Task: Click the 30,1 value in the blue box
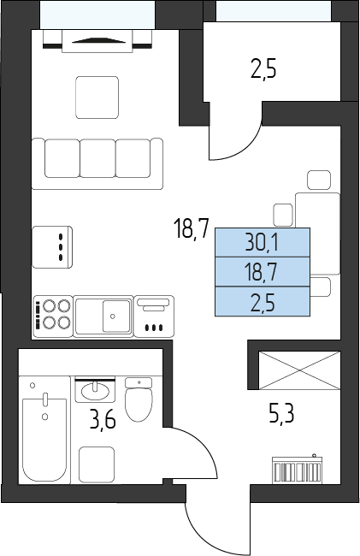[x=262, y=243]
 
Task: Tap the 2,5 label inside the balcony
[x=263, y=69]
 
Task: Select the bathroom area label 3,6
[x=103, y=421]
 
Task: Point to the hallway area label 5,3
[x=281, y=414]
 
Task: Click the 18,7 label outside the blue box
[x=192, y=228]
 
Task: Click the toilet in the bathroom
[x=139, y=399]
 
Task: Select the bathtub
[x=44, y=429]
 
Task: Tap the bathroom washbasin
[x=95, y=390]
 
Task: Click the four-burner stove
[x=53, y=316]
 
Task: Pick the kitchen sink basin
[x=116, y=316]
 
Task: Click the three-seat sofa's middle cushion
[x=97, y=158]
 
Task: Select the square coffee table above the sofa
[x=97, y=98]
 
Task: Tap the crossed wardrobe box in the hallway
[x=300, y=370]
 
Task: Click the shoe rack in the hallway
[x=298, y=470]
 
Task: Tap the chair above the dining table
[x=319, y=180]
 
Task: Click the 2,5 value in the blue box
[x=263, y=303]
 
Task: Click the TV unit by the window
[x=97, y=40]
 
